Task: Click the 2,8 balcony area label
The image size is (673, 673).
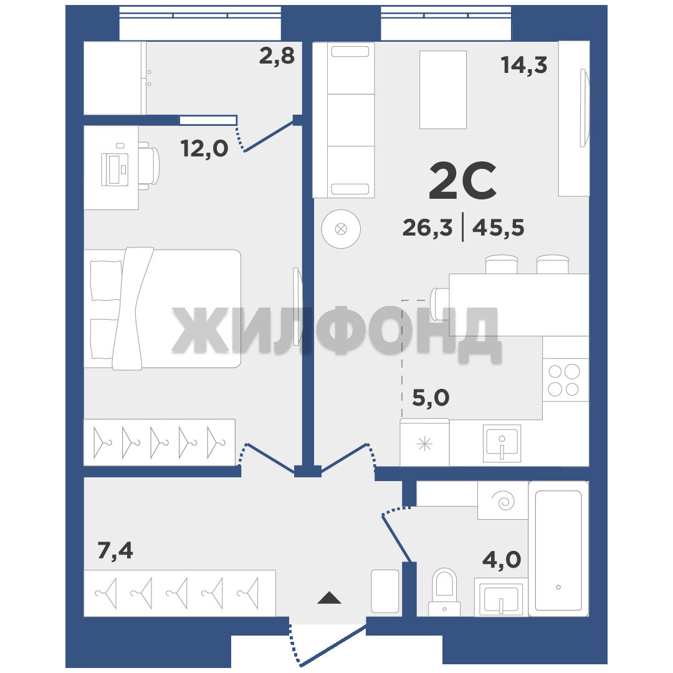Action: click(277, 56)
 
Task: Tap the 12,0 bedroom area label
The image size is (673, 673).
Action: click(204, 149)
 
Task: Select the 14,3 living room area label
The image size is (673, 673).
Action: click(523, 65)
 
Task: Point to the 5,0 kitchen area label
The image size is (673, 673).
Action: click(431, 398)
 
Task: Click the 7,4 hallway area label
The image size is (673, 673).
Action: click(115, 550)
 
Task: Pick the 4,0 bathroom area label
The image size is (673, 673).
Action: click(502, 560)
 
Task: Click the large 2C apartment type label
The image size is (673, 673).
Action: click(462, 181)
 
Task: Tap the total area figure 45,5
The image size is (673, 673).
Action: click(498, 227)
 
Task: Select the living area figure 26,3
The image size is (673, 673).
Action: click(427, 227)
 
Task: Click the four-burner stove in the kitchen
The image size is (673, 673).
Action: click(565, 380)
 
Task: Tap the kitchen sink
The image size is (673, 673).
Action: click(502, 443)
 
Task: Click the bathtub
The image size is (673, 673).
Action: click(558, 548)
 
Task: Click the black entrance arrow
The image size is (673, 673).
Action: click(329, 598)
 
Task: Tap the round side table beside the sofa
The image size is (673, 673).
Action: click(341, 229)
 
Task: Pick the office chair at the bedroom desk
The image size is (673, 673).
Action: click(149, 166)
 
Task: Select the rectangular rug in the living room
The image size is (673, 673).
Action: click(443, 90)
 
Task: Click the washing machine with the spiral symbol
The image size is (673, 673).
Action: click(503, 500)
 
